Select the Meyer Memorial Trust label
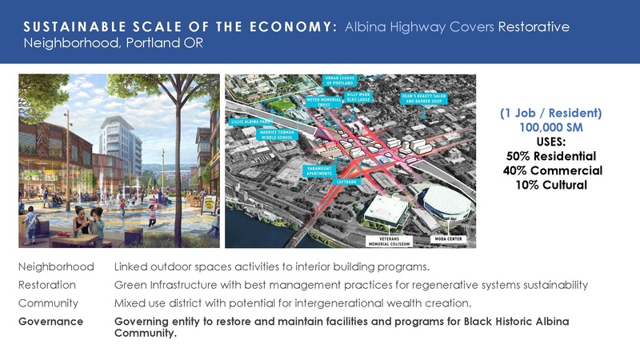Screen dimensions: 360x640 324,102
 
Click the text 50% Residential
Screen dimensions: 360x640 551,156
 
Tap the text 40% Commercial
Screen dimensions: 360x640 551,170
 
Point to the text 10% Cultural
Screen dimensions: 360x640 551,185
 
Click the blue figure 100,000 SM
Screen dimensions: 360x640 551,127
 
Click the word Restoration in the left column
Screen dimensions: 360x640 47,285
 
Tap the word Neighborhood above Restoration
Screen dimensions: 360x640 56,266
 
